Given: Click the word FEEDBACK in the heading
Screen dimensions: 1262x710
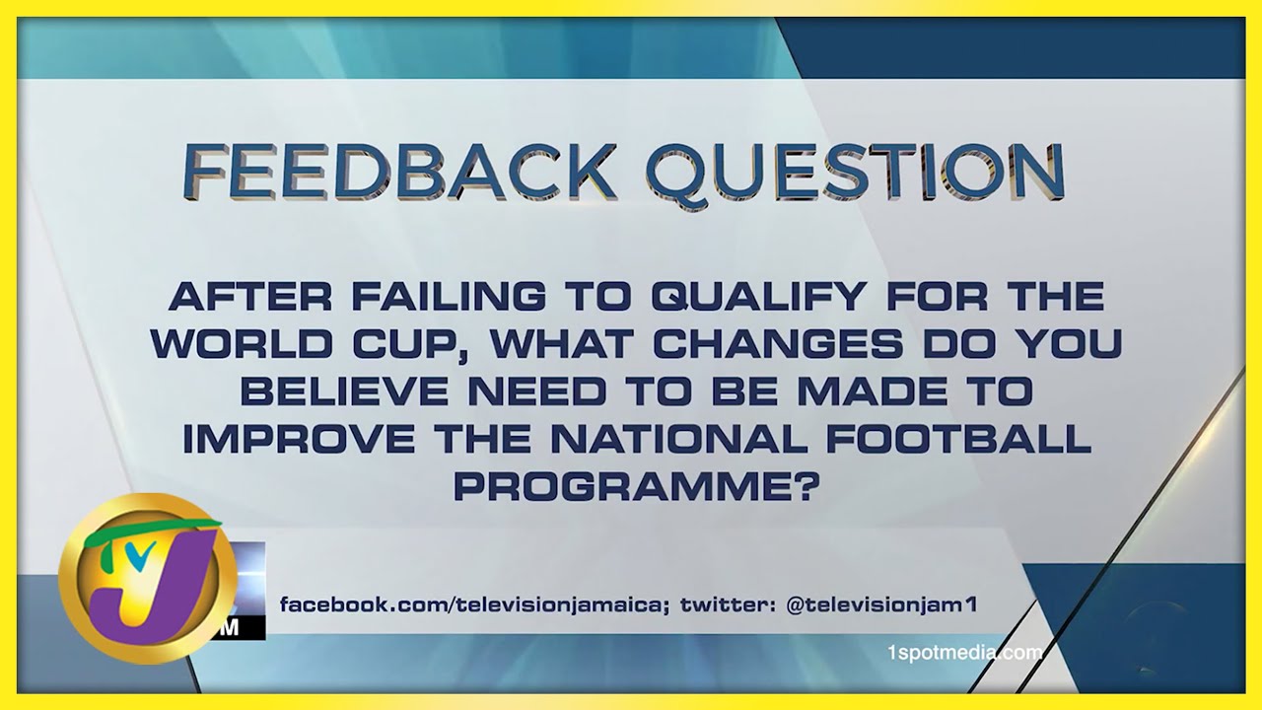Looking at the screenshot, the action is pos(397,171).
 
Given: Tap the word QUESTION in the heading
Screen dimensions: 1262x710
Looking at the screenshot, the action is pos(855,173).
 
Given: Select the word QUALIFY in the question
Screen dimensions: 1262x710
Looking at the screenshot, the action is pos(758,296).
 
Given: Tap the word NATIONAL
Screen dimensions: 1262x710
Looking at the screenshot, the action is pos(679,439).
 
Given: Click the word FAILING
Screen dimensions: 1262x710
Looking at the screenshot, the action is pos(449,296).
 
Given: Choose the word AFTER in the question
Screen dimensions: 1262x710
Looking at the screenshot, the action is pos(249,296).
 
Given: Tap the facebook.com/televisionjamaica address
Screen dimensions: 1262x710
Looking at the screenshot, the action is pos(474,605).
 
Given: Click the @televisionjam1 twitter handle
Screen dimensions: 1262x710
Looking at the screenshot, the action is pos(880,605).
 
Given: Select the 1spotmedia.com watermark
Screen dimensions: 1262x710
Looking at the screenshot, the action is pos(964,653).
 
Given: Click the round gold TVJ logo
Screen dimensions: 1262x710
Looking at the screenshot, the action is pos(148,579).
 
